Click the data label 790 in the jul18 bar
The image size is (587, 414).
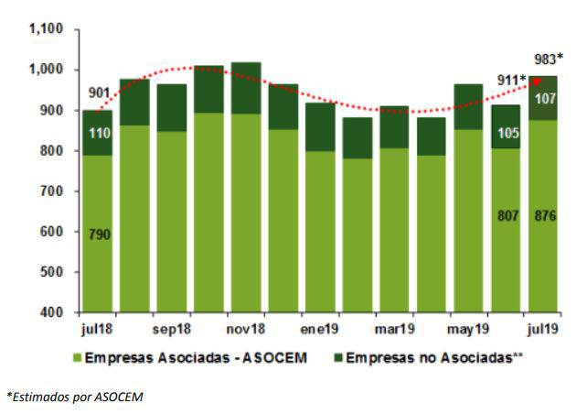tap(99, 234)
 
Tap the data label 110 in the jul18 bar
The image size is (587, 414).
tap(99, 134)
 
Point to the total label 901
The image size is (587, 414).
tap(101, 93)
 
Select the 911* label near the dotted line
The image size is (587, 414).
tap(510, 81)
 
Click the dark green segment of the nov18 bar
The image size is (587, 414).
tap(247, 88)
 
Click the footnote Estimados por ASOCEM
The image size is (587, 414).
tap(74, 396)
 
